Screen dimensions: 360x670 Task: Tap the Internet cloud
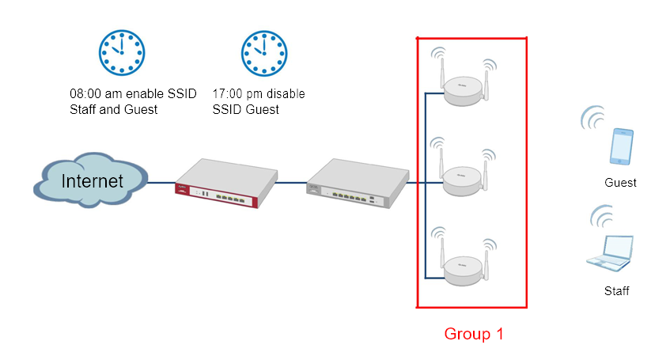coord(92,181)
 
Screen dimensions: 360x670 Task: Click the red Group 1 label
coord(473,334)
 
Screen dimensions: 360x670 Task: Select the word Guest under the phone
coord(620,183)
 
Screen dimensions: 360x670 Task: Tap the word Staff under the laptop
coord(616,291)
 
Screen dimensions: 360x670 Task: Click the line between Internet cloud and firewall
coord(161,184)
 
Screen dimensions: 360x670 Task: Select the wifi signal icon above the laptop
coord(603,216)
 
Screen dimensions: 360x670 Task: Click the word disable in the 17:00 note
coord(284,94)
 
